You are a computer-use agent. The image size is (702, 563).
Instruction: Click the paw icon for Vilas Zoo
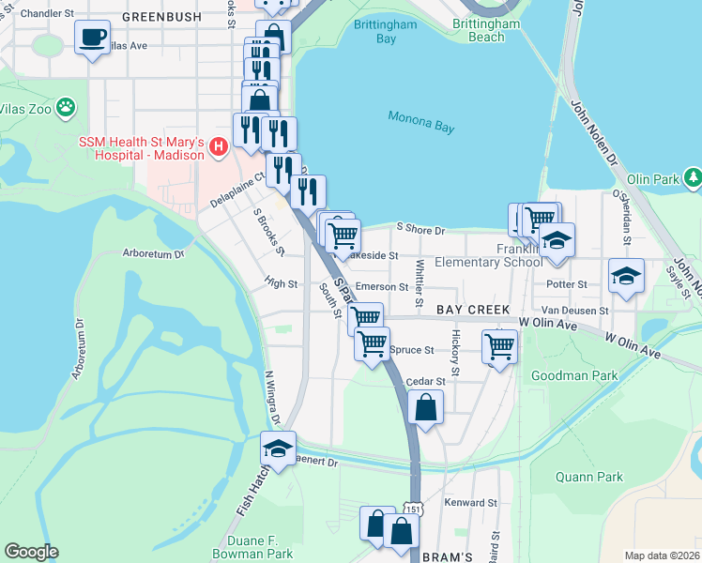pyautogui.click(x=66, y=107)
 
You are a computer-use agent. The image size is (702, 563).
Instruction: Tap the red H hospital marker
pyautogui.click(x=219, y=146)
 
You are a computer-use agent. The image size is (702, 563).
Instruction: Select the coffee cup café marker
pyautogui.click(x=92, y=38)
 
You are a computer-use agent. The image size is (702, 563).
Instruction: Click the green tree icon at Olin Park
pyautogui.click(x=693, y=176)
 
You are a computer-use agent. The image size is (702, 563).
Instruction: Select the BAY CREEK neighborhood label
pyautogui.click(x=471, y=310)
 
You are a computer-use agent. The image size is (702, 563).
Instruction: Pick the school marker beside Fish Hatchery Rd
pyautogui.click(x=278, y=449)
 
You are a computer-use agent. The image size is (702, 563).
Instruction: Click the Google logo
pyautogui.click(x=31, y=552)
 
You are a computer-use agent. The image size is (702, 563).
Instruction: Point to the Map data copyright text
pyautogui.click(x=662, y=555)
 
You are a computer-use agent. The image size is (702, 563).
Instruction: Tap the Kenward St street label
pyautogui.click(x=472, y=503)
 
